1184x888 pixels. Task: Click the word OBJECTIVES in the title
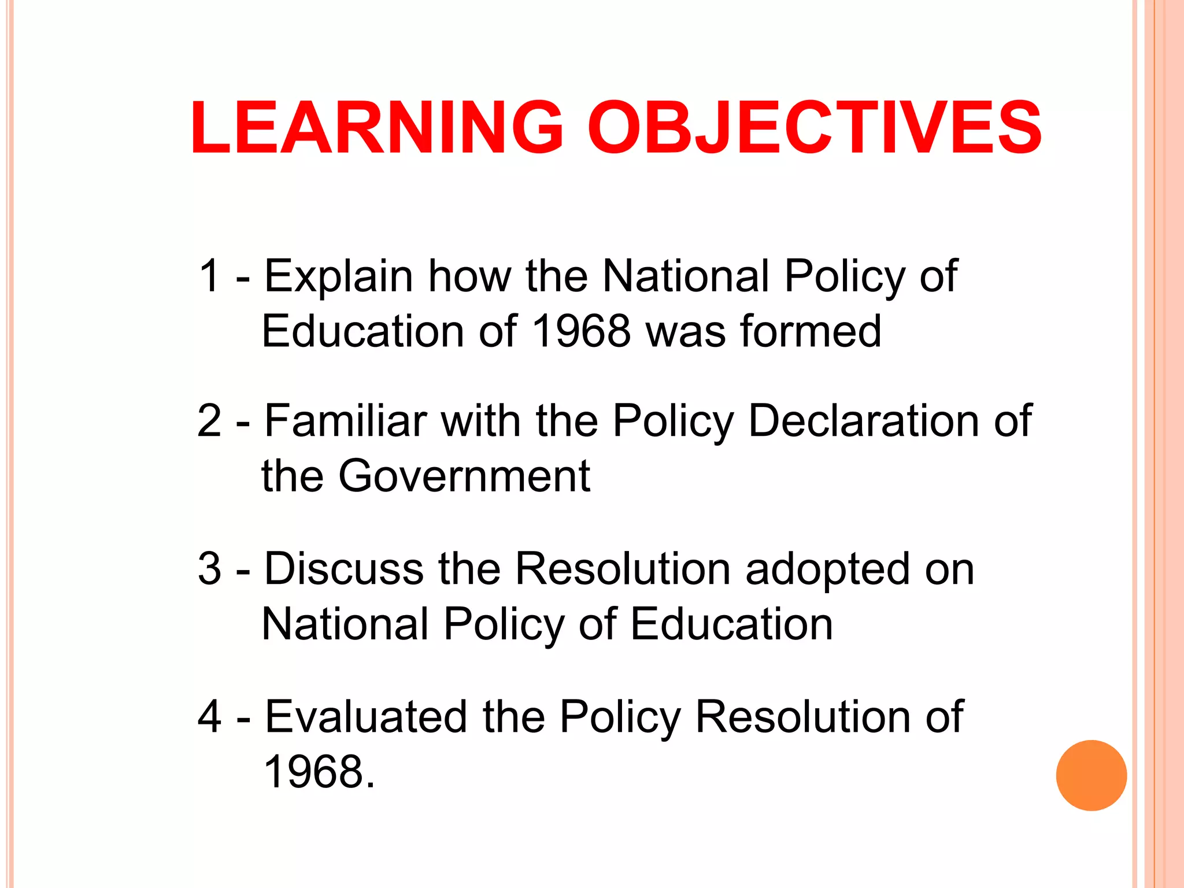click(815, 128)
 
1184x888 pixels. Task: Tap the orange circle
click(1091, 775)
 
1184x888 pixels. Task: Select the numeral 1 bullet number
click(209, 276)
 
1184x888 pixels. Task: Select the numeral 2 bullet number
click(209, 420)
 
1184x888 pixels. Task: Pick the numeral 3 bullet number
click(209, 569)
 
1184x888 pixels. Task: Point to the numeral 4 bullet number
click(209, 717)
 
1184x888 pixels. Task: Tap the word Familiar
click(346, 420)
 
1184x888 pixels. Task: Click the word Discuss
click(344, 569)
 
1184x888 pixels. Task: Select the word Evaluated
click(365, 717)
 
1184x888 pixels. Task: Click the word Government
click(464, 476)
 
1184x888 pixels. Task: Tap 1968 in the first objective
click(581, 331)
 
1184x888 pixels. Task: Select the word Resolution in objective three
click(623, 569)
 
